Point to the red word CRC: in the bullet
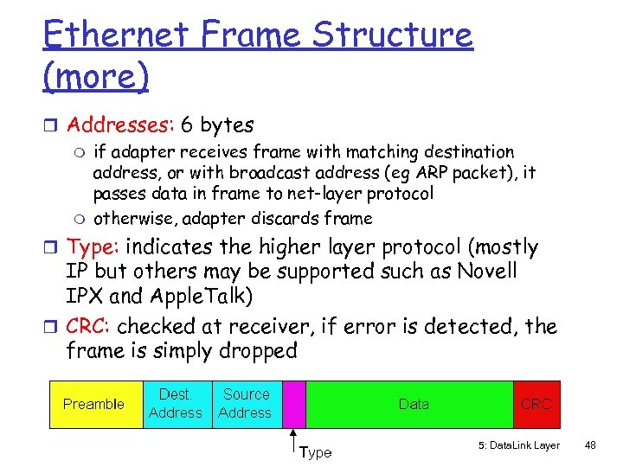point(89,327)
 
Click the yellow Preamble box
point(93,404)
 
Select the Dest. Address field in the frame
point(175,404)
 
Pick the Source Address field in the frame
point(246,404)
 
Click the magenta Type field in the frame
point(295,404)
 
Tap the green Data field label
point(413,404)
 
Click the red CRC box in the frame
point(536,404)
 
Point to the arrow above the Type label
point(295,438)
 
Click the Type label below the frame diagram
point(316,452)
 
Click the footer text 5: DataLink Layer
point(518,446)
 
